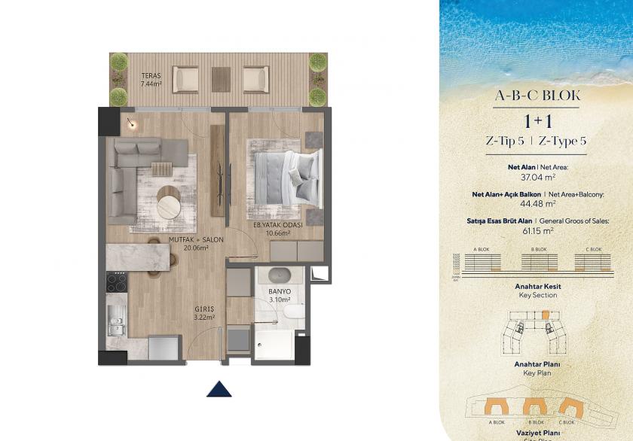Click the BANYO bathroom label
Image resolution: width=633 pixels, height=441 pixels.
tap(280, 291)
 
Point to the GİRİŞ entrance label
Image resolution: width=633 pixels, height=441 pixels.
tap(204, 309)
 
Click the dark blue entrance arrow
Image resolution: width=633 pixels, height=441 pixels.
tap(219, 388)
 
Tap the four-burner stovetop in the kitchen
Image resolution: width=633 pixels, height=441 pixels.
tap(116, 281)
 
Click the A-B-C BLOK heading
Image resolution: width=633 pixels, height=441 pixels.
tap(536, 96)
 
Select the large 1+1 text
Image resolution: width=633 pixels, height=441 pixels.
tap(537, 121)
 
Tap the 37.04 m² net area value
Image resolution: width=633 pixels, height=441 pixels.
tap(537, 178)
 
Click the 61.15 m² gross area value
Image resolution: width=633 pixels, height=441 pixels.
tap(537, 231)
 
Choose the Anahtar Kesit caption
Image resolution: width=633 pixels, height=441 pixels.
tap(537, 287)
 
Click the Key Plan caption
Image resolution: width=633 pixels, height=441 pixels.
tap(537, 373)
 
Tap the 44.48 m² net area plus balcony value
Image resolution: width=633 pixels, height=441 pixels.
tap(537, 203)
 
